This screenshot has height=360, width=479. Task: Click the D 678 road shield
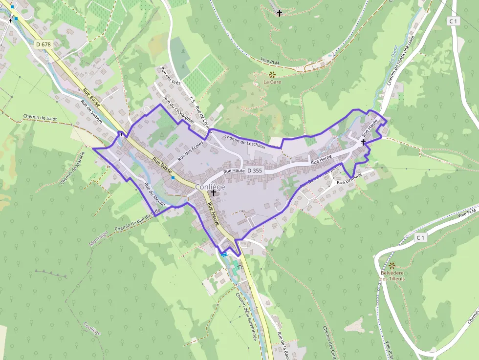tap(44, 44)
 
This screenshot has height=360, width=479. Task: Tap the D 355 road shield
tap(255, 170)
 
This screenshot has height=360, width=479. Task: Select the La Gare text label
tap(272, 82)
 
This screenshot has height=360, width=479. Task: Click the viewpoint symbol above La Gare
tap(272, 74)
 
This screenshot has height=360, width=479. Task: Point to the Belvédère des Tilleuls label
tap(392, 275)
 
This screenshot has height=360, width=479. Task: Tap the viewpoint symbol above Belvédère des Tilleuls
tap(392, 265)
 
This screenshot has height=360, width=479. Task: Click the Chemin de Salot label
tap(40, 118)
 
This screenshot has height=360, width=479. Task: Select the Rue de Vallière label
tap(91, 112)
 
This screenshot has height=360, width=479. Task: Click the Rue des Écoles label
tap(190, 151)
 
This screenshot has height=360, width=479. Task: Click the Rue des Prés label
tap(171, 76)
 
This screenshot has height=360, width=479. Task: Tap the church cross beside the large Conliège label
tap(213, 193)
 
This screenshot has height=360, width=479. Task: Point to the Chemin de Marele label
tap(73, 168)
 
